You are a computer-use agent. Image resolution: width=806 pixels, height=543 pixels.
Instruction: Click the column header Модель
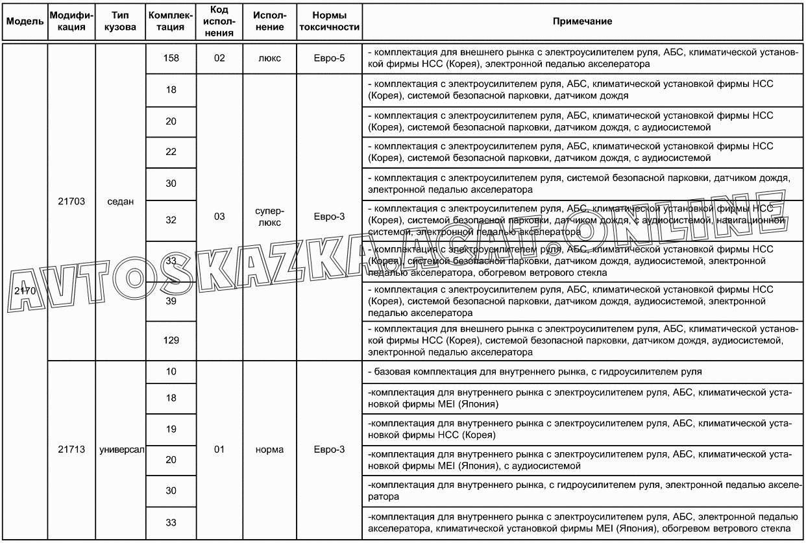(25, 21)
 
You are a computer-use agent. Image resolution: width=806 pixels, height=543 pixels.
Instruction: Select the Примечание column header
(582, 21)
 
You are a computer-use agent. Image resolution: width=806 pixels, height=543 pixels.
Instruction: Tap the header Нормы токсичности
(329, 21)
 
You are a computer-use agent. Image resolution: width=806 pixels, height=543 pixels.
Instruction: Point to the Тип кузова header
(121, 21)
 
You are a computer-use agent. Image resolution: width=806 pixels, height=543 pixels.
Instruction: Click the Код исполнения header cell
(219, 21)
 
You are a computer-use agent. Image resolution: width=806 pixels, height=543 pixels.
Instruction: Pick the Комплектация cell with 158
(171, 58)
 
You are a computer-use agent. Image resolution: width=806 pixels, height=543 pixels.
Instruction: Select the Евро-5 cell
(329, 58)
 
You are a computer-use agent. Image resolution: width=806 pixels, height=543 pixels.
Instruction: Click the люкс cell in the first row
(269, 58)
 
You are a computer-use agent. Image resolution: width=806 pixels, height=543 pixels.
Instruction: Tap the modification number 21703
(71, 201)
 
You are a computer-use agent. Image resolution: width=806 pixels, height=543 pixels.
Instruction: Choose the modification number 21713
(71, 450)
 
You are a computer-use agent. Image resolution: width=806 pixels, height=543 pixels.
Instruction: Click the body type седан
(121, 201)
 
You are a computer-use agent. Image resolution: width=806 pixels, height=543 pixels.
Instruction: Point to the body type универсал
(121, 450)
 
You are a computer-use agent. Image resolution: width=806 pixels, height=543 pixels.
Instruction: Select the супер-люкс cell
(269, 216)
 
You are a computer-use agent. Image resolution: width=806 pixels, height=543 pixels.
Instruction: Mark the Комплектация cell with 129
(171, 340)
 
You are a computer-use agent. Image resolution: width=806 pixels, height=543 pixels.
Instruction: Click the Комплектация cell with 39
(171, 301)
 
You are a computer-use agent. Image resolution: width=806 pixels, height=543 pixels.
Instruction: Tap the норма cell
(269, 450)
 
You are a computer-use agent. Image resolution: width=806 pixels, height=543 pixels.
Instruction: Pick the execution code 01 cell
(219, 450)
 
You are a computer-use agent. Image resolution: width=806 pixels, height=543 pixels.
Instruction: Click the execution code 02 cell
(219, 58)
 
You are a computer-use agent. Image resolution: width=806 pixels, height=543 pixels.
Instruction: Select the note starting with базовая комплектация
(533, 372)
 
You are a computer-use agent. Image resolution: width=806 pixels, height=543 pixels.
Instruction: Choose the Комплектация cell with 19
(171, 429)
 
